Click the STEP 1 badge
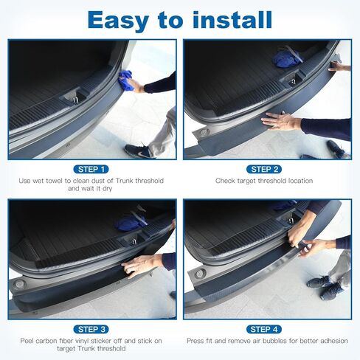(91, 169)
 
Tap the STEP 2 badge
(264, 169)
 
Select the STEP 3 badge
(91, 329)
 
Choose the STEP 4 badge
(264, 329)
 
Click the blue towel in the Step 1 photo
(125, 82)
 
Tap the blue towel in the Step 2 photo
(286, 56)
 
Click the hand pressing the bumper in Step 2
(279, 120)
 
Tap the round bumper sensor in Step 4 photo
(200, 273)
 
